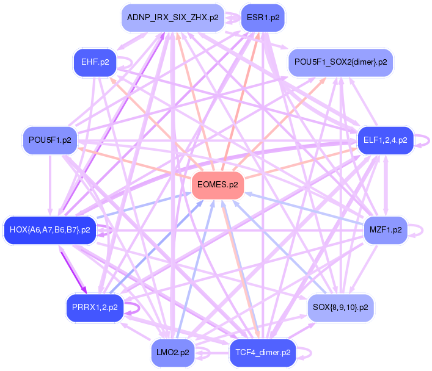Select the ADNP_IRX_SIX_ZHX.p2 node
pos(172,17)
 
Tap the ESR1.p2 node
pos(263,17)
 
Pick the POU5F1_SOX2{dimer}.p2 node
pos(340,62)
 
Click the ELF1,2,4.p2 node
pos(385,140)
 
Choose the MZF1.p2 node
pos(386,230)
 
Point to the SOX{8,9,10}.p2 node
pos(340,308)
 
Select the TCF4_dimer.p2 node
pos(262,353)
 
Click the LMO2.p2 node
pos(173,353)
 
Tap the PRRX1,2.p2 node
pos(95,308)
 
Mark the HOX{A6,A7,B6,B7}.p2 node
pos(49,230)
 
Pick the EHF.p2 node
pos(95,62)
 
